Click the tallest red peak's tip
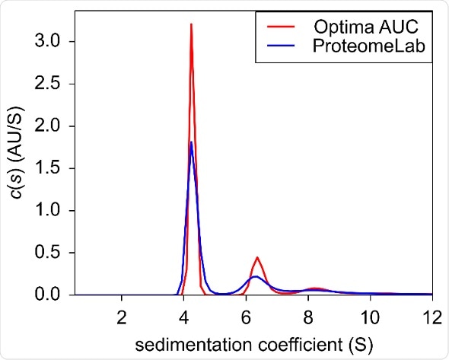pos(191,24)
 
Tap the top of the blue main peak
pos(191,142)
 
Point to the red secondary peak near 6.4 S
pos(258,257)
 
